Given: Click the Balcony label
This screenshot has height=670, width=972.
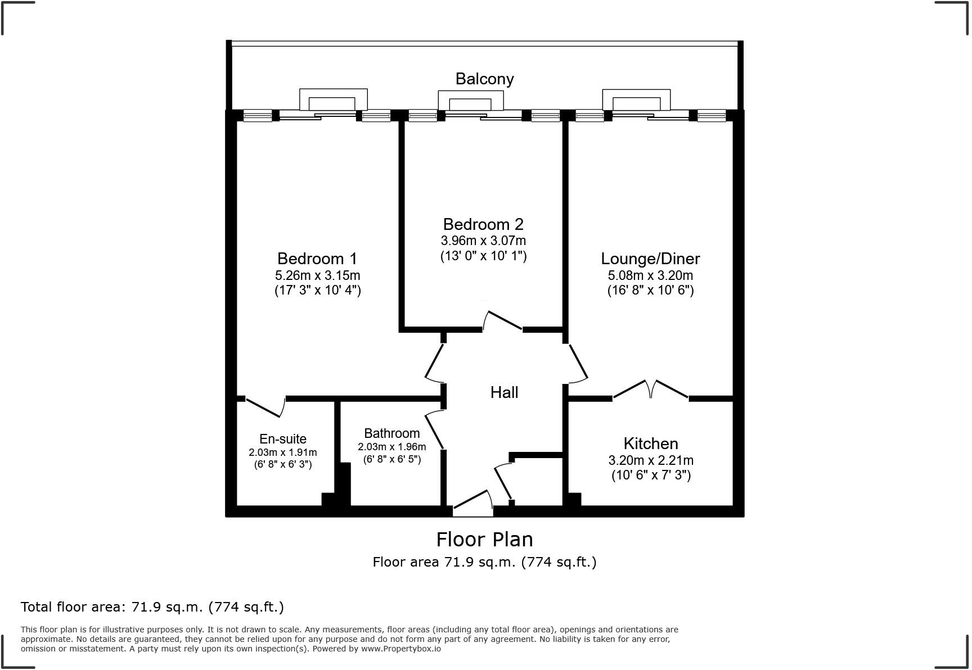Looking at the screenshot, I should pos(484,79).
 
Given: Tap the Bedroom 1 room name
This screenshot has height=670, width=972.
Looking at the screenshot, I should pos(317,259).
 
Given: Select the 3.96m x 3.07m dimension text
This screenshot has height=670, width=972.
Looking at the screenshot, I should pos(483,241).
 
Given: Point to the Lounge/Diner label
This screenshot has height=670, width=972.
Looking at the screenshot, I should pos(650,259).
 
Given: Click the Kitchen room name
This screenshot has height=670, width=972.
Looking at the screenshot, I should pos(650,443).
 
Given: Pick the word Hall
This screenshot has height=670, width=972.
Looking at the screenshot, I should pos(504,392).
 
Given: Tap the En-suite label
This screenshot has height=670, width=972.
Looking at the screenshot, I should pos(282,439).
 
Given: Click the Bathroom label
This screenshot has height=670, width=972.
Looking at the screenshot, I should pos(391,433).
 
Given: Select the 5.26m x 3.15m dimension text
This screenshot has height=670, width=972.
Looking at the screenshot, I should pos(317,275).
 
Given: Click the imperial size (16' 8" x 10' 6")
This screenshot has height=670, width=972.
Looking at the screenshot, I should pos(650,291).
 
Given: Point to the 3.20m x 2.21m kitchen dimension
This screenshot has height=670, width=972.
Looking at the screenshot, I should pos(650,460).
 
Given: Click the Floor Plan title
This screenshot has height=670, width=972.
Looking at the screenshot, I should pos(484,540).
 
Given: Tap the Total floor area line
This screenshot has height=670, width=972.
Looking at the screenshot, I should pos(152,607).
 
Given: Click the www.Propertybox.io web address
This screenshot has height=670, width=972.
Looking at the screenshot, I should pos(400,649).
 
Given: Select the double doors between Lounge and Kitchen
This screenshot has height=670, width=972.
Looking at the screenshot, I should pos(650,390).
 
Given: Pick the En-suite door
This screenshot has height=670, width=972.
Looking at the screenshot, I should pos(264,407).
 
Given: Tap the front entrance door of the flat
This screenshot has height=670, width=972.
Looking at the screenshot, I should pos(472,503).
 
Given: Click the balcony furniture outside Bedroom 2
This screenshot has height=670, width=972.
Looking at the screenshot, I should pos(470,101).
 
